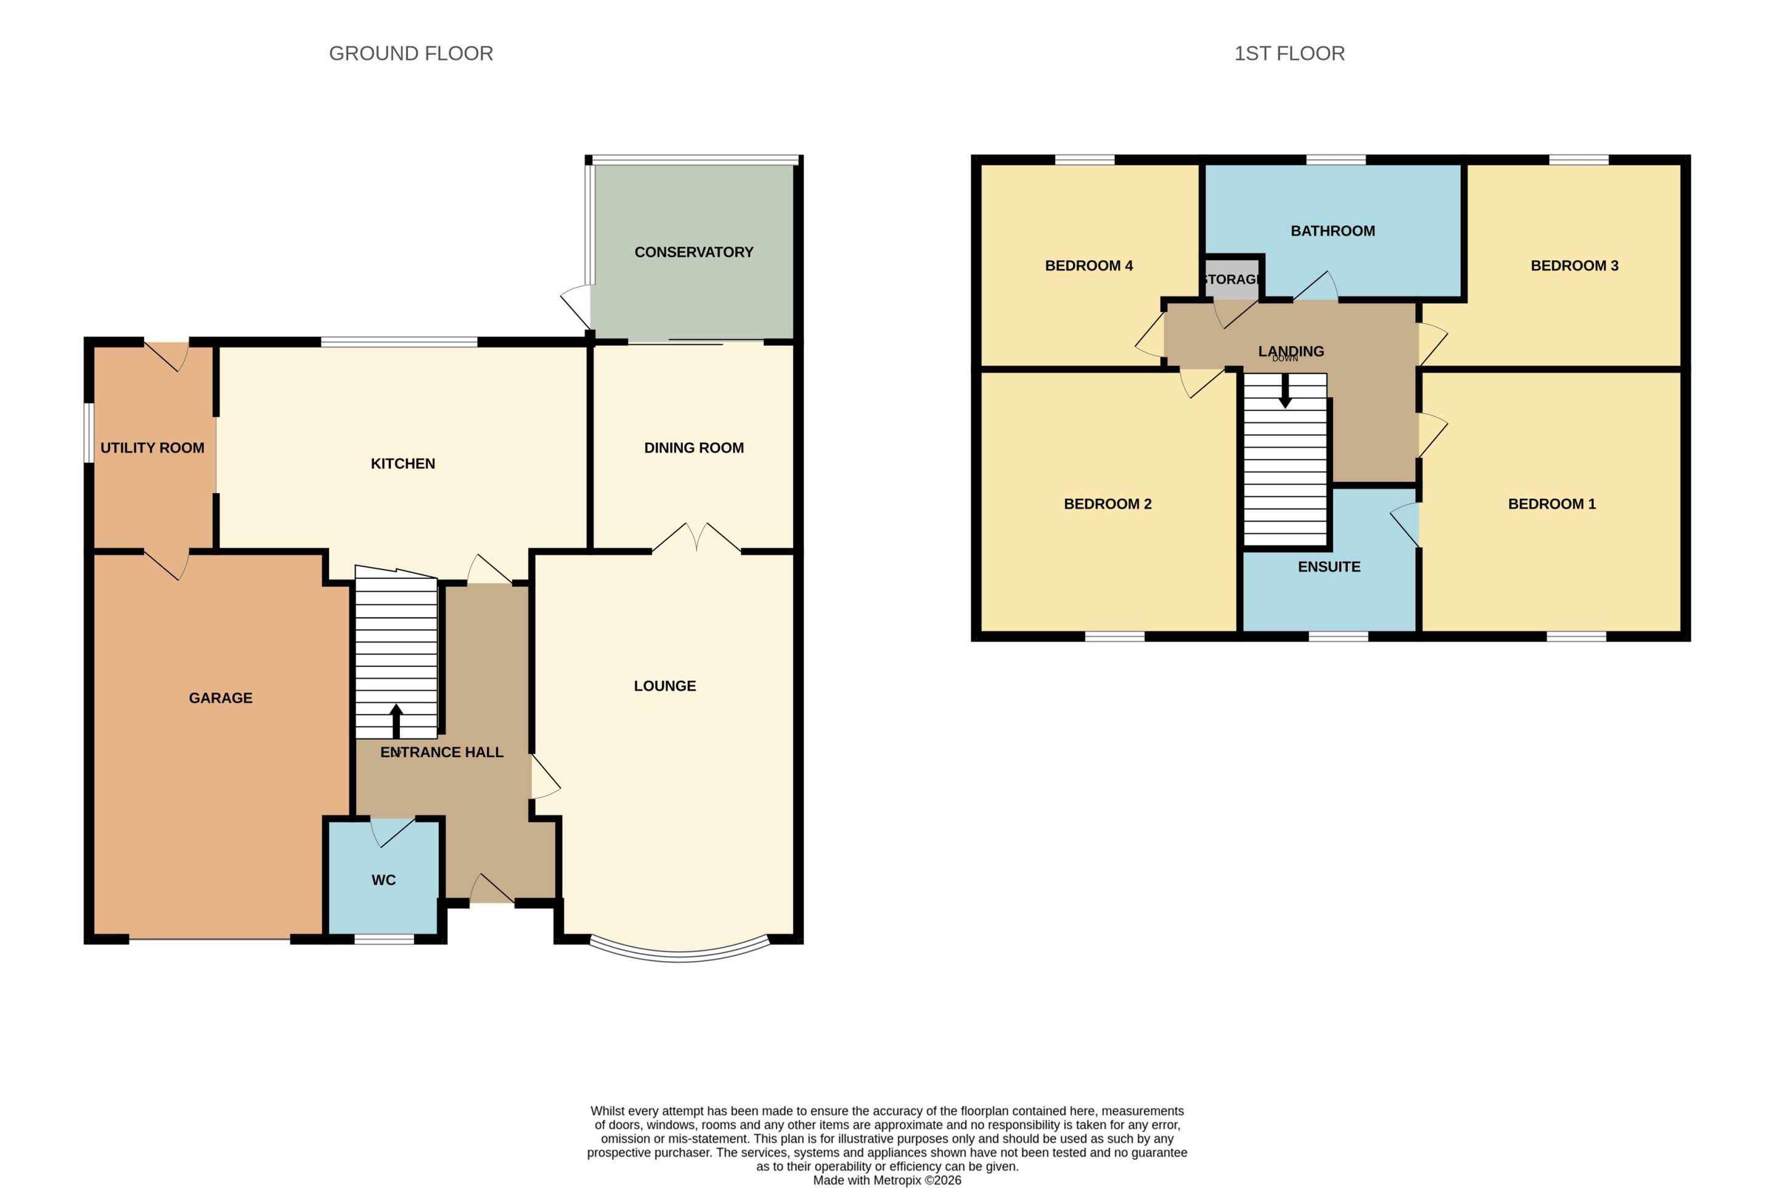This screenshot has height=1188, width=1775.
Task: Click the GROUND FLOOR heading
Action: (x=410, y=53)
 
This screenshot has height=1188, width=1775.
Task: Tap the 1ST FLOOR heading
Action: (x=1289, y=53)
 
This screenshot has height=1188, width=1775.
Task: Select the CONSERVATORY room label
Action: (x=693, y=252)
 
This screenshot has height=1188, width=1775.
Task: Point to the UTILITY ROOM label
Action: (x=152, y=448)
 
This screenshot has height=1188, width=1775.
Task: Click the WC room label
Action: (x=384, y=880)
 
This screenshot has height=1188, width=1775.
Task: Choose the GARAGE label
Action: (x=221, y=698)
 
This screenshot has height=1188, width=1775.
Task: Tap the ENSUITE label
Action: (x=1329, y=567)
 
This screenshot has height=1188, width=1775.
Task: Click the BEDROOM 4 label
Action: (x=1089, y=266)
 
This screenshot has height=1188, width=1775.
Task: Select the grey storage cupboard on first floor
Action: (x=1231, y=278)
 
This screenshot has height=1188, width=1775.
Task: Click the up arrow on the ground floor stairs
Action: (x=396, y=721)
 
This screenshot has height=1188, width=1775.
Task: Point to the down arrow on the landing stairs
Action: (x=1285, y=391)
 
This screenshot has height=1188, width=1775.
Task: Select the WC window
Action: (x=384, y=940)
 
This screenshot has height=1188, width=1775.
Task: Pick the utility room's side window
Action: (x=89, y=433)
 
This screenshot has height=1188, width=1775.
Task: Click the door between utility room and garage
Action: (x=166, y=565)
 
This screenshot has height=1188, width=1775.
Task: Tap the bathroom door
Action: (x=1315, y=285)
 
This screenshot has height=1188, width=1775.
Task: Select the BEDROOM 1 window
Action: (x=1576, y=636)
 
